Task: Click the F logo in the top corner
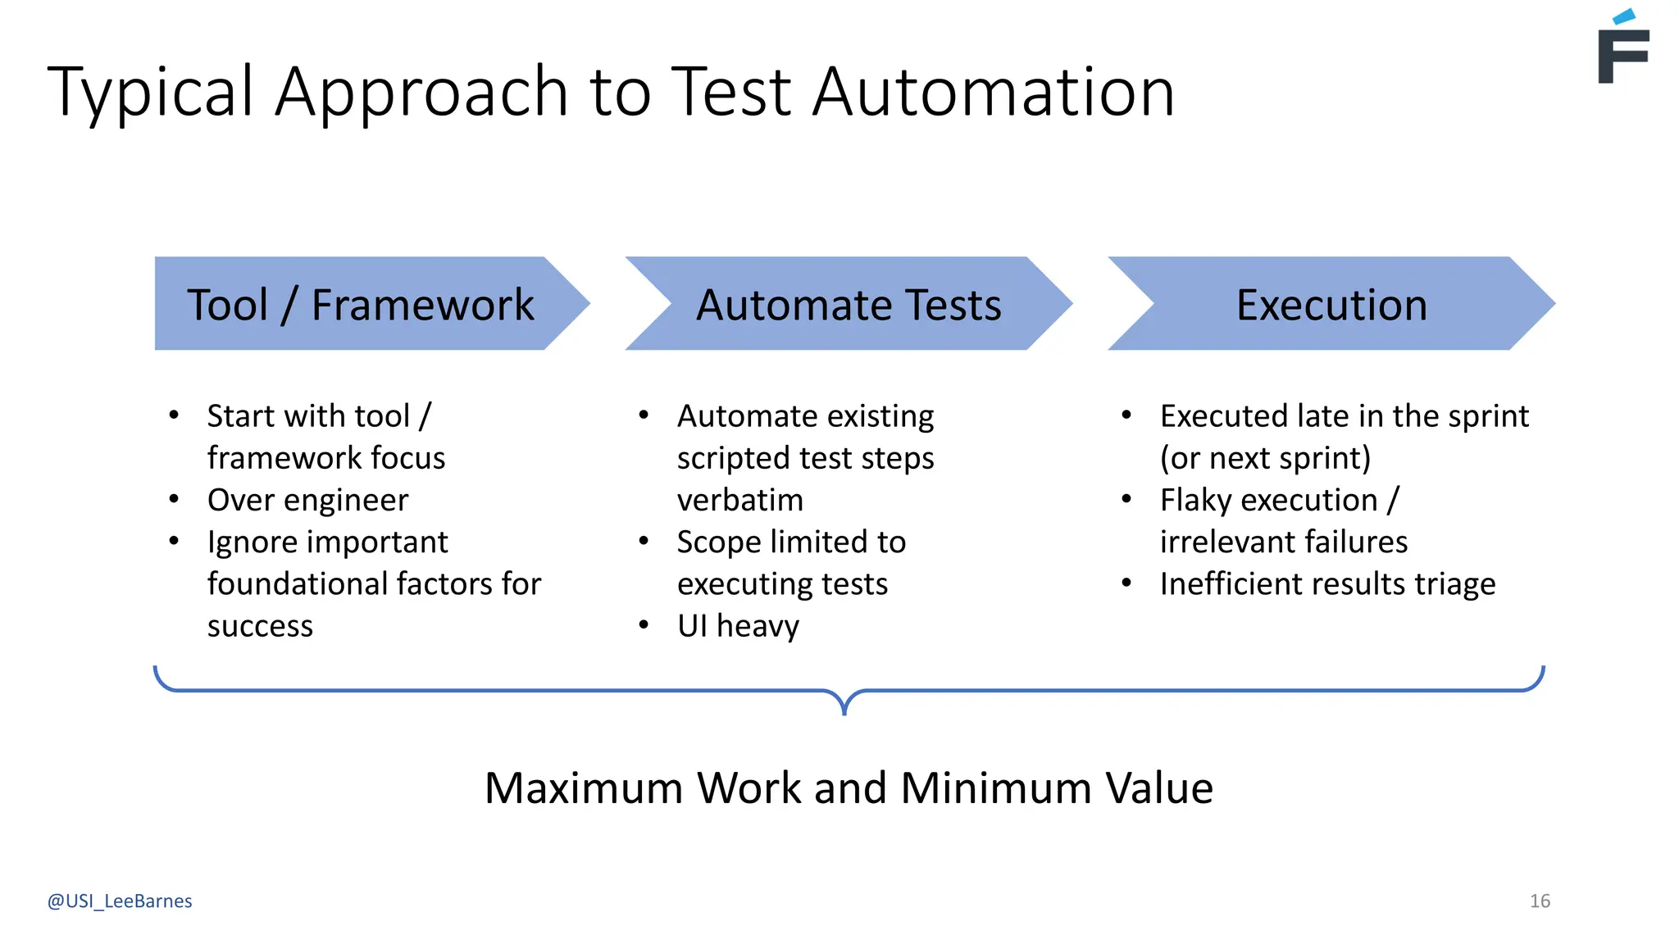point(1622,49)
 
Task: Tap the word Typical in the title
point(151,92)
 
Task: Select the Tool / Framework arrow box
point(361,304)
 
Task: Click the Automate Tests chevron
point(849,304)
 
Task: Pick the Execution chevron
point(1331,304)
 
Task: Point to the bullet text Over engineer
point(307,500)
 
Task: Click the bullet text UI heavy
point(738,626)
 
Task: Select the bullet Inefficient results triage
point(1327,584)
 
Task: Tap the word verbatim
point(740,500)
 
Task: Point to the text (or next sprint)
point(1265,458)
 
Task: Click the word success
point(260,626)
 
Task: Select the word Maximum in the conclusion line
point(583,788)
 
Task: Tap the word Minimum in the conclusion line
point(995,788)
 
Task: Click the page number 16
point(1540,901)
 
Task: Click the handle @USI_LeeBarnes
point(120,901)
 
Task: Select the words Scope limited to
point(791,542)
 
